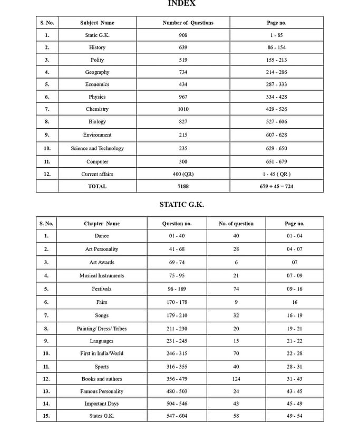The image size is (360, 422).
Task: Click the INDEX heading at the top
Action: [182, 3]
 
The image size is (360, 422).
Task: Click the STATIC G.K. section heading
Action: [181, 204]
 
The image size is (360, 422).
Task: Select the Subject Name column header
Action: [97, 23]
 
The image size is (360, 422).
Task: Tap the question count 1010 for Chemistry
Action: [183, 109]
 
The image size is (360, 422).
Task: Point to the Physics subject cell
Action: [97, 97]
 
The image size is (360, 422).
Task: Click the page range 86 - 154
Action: [276, 47]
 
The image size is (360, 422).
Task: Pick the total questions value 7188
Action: [183, 186]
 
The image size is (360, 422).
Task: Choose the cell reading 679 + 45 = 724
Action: [276, 186]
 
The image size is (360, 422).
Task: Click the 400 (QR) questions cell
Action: [183, 174]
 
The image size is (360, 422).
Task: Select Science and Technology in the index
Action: [97, 148]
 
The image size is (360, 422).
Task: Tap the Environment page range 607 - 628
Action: [276, 135]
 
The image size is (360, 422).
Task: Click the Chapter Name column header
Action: [102, 224]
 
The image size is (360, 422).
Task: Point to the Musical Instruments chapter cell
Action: [102, 275]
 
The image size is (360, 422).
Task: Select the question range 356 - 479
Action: [177, 379]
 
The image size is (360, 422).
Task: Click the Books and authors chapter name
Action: [102, 379]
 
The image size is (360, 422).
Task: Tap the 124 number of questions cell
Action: [236, 379]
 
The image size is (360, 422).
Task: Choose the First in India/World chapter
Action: [102, 353]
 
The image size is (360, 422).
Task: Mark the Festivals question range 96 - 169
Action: [177, 289]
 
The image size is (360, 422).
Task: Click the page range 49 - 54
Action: [294, 416]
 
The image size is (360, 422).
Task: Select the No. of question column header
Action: [236, 224]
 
